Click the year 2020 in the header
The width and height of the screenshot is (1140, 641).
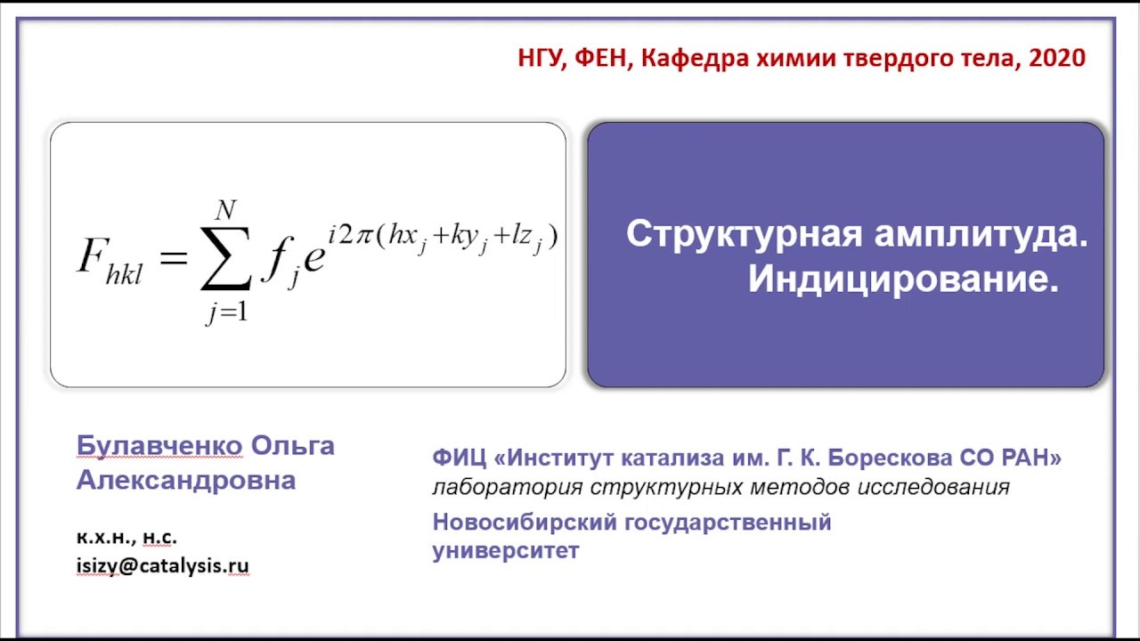1056,59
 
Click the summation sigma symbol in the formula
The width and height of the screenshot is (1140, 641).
225,258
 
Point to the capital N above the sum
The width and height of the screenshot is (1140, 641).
225,210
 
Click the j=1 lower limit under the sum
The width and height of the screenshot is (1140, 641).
225,313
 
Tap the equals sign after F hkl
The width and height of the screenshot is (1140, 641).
174,258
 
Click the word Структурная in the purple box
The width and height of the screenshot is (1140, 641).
744,234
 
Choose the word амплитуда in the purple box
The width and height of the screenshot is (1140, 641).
981,234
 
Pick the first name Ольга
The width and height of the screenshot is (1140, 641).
293,445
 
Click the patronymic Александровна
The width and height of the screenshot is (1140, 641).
185,481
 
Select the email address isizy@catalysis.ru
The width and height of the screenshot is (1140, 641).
162,565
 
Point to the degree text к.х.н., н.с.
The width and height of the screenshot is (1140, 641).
126,538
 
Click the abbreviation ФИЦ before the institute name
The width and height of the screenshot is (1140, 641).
459,458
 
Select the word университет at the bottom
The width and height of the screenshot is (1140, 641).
505,550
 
